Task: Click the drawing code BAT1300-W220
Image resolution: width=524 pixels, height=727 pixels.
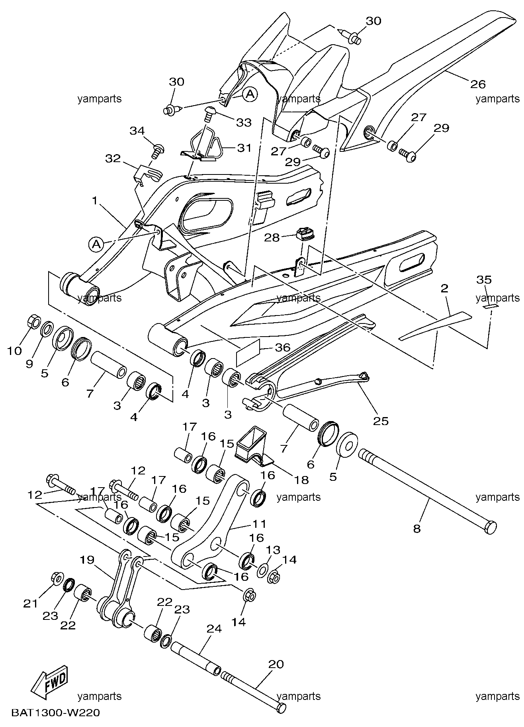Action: coord(55,712)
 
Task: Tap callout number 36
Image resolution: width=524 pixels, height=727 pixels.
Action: coord(283,348)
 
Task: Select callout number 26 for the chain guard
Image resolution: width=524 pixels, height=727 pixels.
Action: coord(478,84)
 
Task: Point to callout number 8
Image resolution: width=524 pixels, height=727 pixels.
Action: coord(417,529)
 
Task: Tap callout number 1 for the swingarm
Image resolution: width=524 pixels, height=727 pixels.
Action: coord(95,201)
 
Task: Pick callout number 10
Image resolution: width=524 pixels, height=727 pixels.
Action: coord(16,351)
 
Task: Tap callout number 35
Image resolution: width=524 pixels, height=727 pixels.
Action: coord(484,280)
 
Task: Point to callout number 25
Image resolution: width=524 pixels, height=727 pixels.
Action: coord(381,421)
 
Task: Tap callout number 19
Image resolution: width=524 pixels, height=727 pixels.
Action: coord(87,560)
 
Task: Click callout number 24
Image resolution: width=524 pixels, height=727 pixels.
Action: coord(215,629)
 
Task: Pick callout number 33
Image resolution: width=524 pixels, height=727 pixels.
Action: coord(244,122)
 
